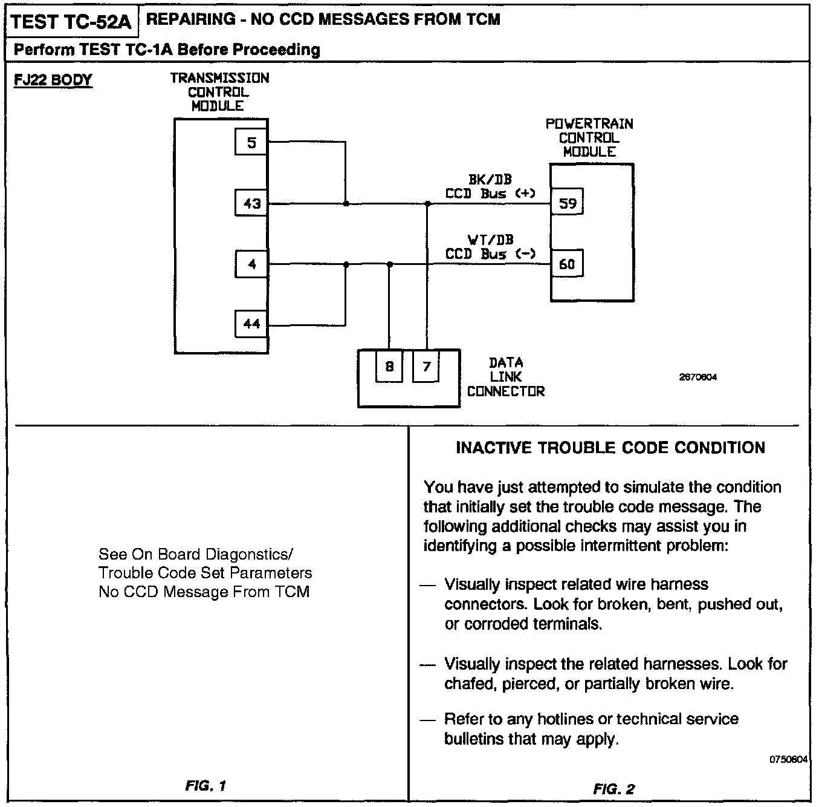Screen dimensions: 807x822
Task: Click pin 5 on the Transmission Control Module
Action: tap(251, 143)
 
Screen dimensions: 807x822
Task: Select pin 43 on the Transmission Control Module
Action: tap(251, 203)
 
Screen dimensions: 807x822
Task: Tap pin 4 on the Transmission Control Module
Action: tap(251, 264)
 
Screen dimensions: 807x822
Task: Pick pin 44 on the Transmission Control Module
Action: tap(251, 324)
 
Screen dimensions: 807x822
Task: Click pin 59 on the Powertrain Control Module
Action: tap(567, 203)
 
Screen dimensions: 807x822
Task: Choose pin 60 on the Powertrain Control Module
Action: tap(567, 264)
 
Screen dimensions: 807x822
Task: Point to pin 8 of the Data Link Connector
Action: tap(389, 367)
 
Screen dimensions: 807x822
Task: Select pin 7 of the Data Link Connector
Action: tap(426, 367)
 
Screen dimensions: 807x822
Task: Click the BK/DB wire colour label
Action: tap(490, 180)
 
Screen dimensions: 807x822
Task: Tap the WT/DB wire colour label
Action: tap(490, 240)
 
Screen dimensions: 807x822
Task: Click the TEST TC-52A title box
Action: tap(71, 22)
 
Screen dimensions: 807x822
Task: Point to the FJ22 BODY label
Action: tap(53, 80)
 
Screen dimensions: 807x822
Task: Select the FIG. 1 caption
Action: tap(205, 786)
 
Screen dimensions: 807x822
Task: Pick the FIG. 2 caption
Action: tap(614, 789)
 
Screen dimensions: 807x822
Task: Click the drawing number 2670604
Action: tap(698, 377)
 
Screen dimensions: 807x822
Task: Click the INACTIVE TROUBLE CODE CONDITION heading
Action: tap(610, 448)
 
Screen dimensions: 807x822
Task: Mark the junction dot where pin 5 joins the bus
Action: tap(346, 204)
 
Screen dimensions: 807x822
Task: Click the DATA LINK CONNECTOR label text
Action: tap(506, 377)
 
